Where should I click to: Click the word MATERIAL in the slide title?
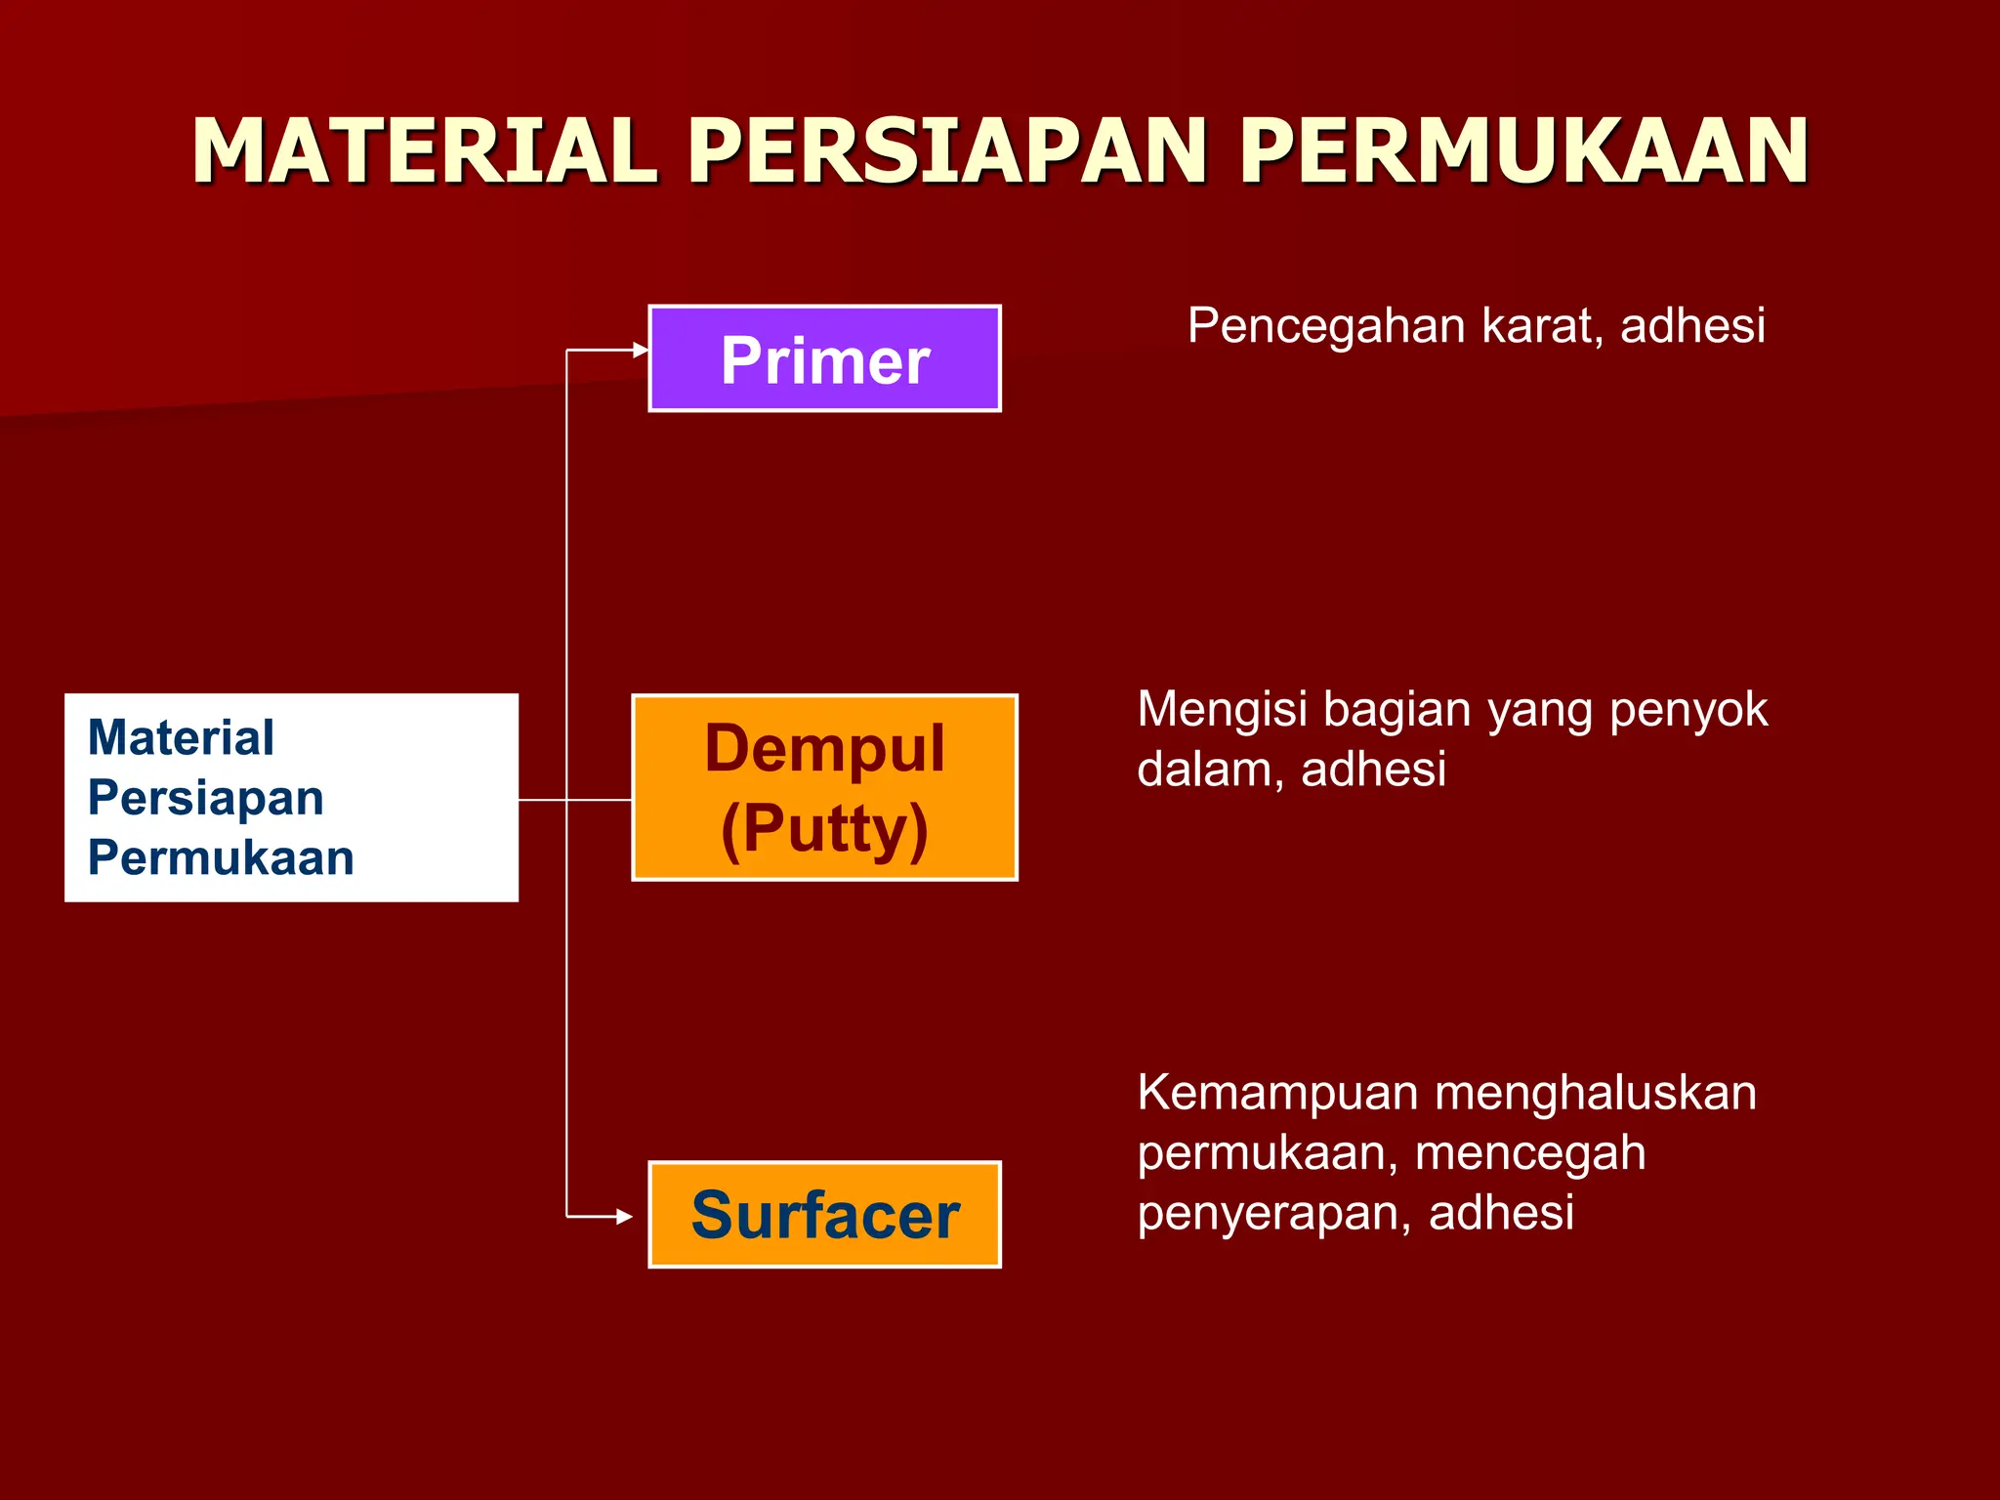[425, 151]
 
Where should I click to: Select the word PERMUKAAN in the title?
[1524, 151]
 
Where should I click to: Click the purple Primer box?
[825, 359]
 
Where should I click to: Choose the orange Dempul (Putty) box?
[825, 788]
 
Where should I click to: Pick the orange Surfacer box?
[825, 1215]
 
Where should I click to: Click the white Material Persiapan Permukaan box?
[291, 798]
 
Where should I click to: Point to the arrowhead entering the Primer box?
[641, 350]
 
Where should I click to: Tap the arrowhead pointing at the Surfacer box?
[625, 1217]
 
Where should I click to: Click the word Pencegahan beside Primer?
[1325, 326]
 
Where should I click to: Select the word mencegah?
[1530, 1153]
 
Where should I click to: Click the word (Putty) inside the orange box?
[825, 829]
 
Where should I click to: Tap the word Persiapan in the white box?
[206, 798]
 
